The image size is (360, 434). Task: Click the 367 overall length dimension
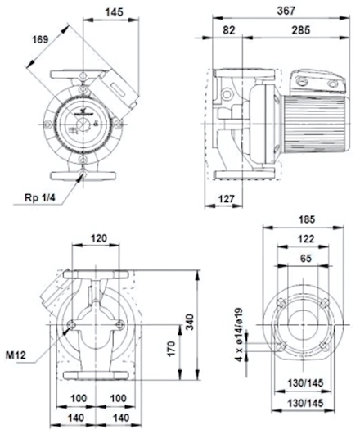pos(286,11)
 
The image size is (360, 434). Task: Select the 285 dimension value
pos(301,30)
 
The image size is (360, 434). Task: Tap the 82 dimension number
pos(229,30)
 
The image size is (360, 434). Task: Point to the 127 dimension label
pos(226,199)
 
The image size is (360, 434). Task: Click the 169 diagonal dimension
pos(40,39)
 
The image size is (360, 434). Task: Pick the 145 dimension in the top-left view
pos(114,12)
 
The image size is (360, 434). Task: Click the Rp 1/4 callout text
pos(40,197)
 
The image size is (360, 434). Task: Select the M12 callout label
pos(16,355)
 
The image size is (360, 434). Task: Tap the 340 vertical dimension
pos(190,322)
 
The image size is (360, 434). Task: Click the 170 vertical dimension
pos(172,349)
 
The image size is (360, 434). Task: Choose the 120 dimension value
pos(99,238)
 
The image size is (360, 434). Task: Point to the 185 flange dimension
pos(307,219)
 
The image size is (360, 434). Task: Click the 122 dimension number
pos(306,238)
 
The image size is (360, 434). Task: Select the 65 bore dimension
pos(305,258)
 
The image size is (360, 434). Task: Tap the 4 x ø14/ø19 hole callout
pos(239,334)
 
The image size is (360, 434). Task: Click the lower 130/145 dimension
pos(305,403)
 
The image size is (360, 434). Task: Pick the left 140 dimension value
pos(76,418)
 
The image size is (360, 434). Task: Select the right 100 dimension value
pos(118,399)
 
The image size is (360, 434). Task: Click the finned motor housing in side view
pos(314,124)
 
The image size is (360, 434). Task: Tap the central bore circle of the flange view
pos(288,324)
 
